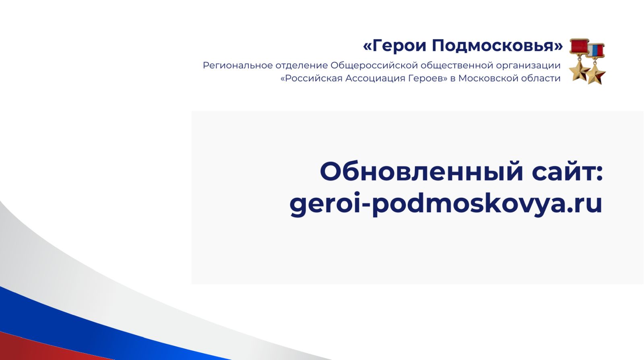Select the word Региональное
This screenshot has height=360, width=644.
tap(238, 66)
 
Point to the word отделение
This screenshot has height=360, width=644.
tap(301, 66)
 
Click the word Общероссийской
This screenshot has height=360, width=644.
tap(374, 66)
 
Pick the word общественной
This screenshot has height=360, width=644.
tap(456, 66)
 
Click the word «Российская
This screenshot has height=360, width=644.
tap(312, 78)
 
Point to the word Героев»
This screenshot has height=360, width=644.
tap(428, 79)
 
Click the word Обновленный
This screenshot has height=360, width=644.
tap(421, 172)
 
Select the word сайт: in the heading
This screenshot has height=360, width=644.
tap(567, 172)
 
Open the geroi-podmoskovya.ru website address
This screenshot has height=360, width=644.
tap(446, 204)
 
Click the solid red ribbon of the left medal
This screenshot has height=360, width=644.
tap(579, 46)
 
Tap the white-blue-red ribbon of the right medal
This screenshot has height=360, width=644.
tap(596, 51)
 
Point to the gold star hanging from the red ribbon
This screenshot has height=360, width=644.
tap(579, 70)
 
